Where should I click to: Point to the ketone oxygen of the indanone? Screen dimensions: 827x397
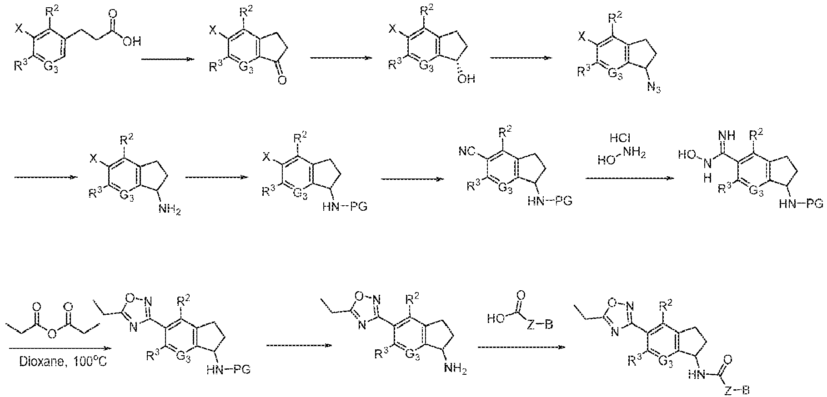[282, 81]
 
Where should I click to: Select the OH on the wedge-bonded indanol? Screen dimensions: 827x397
[466, 79]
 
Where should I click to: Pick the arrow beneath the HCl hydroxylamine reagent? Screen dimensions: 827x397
[629, 178]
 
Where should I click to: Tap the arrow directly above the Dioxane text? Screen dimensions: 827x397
[60, 348]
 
